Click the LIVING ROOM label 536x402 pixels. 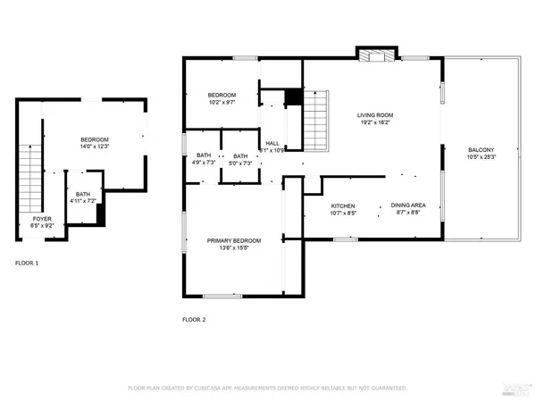(375, 115)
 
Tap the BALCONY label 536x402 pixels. (482, 150)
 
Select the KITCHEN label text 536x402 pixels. (319, 205)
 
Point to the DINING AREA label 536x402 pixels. (407, 205)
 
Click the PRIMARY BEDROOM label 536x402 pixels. (234, 241)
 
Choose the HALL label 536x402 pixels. (272, 143)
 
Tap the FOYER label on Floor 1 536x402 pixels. (42, 219)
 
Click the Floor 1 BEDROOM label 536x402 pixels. (95, 140)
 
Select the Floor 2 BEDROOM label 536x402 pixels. (222, 95)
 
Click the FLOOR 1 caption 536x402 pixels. (27, 264)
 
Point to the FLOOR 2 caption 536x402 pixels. (194, 319)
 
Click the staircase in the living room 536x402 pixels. (316, 121)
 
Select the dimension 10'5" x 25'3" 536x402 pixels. (482, 158)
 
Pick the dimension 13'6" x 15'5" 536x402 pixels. (234, 249)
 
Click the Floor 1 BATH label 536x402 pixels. (82, 194)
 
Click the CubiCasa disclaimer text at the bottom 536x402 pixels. (268, 389)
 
